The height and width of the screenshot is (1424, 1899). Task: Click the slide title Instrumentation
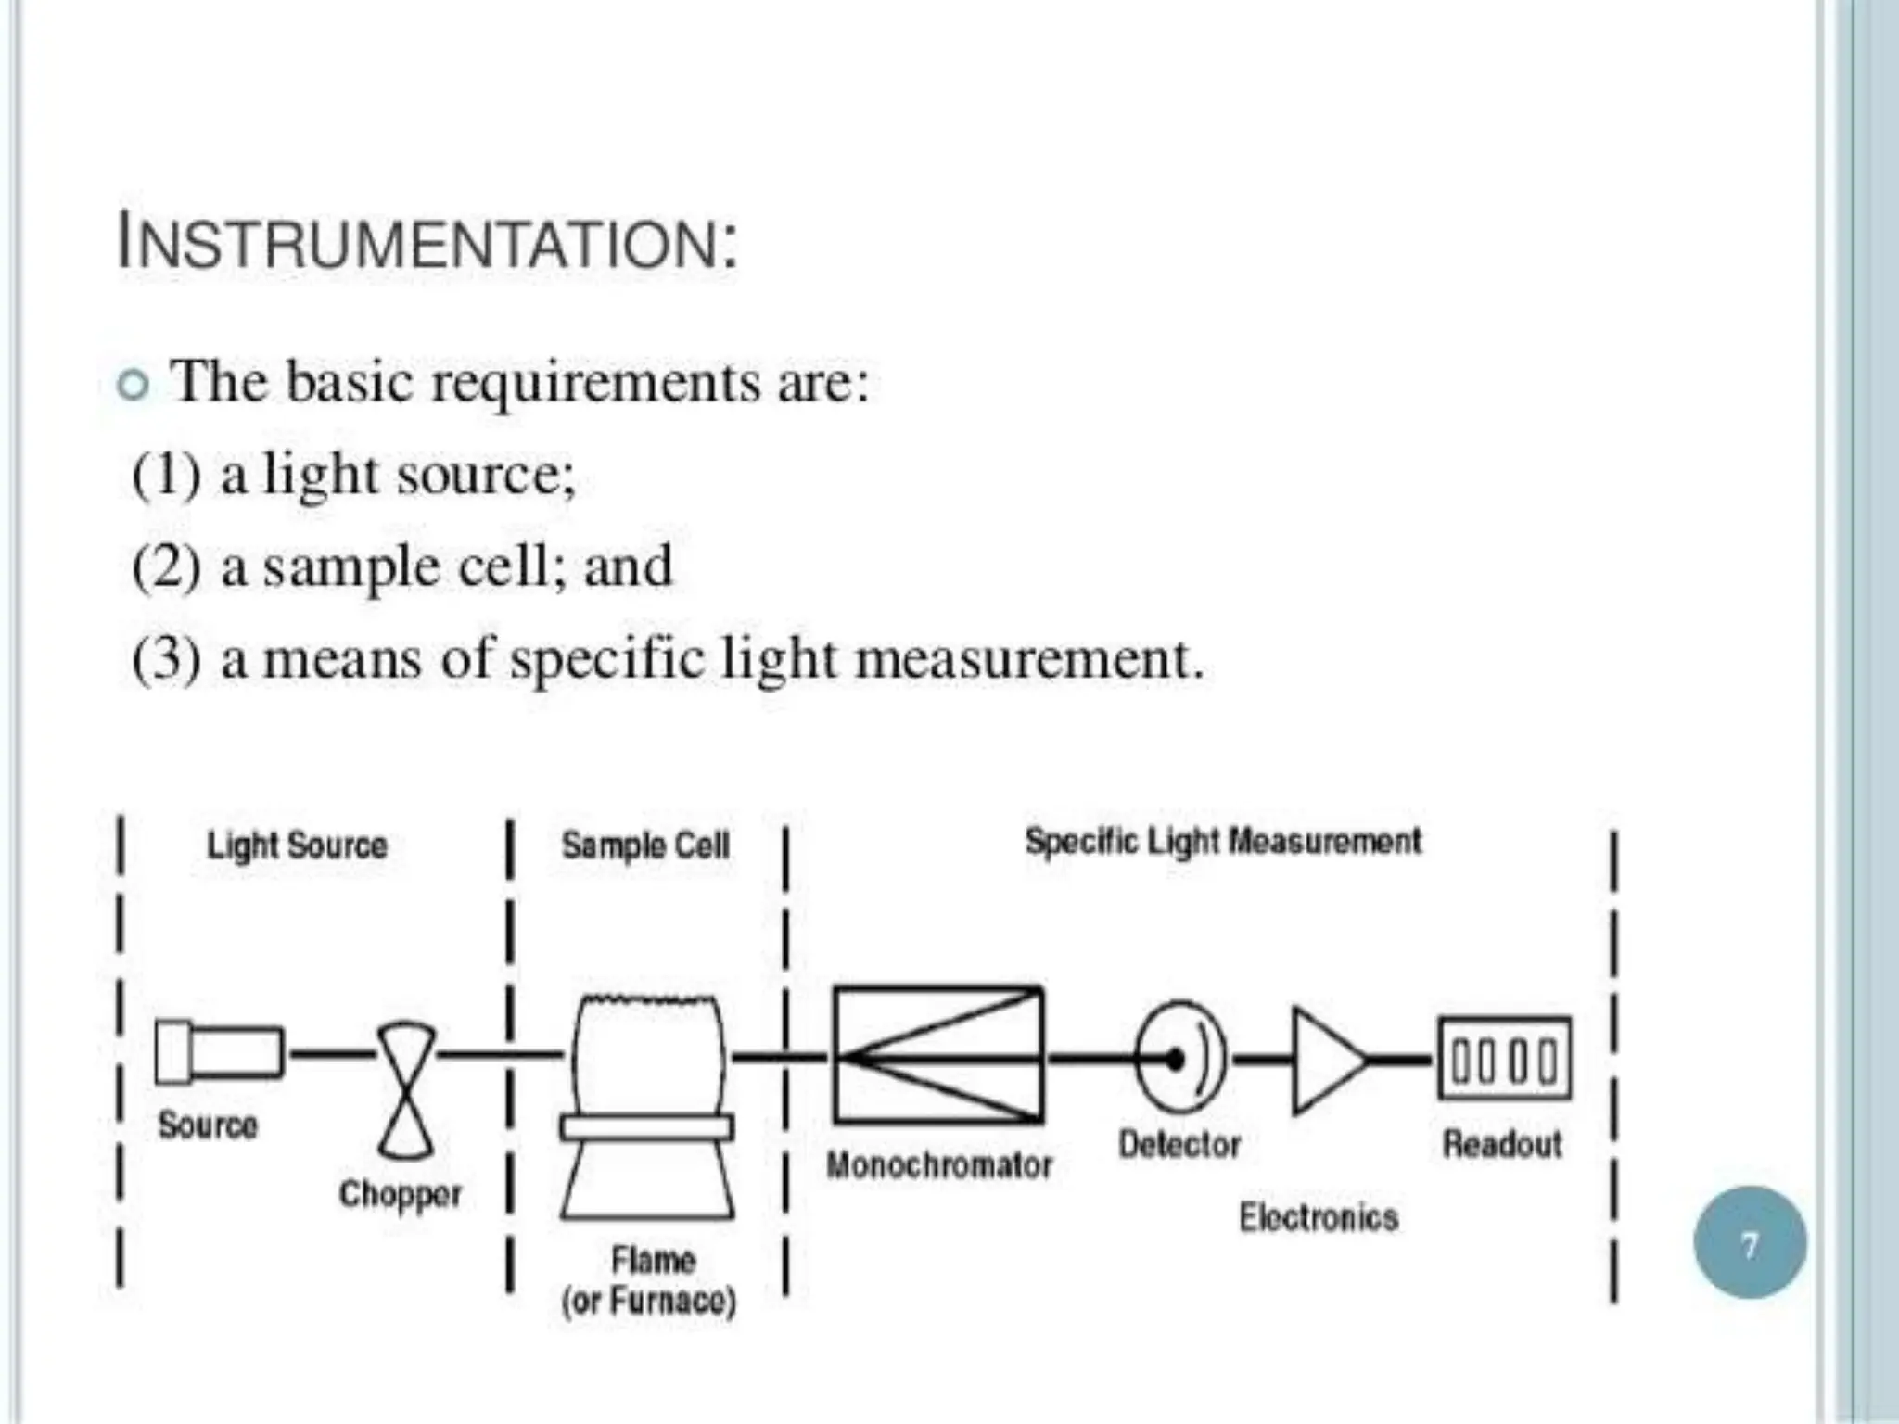click(x=427, y=243)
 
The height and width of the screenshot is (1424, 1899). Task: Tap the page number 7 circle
click(x=1749, y=1243)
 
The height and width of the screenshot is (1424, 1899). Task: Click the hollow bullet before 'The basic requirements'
click(x=134, y=385)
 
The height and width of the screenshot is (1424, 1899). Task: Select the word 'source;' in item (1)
click(x=486, y=475)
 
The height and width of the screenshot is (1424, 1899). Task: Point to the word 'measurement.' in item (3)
click(x=1029, y=660)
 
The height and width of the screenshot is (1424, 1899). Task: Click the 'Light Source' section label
click(x=297, y=845)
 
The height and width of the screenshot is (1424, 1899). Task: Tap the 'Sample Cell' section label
click(x=645, y=845)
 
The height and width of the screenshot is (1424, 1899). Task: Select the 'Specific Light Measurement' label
click(x=1223, y=842)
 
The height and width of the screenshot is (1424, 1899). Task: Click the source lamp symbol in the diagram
click(x=219, y=1052)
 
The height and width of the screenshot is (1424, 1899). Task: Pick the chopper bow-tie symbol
click(x=406, y=1090)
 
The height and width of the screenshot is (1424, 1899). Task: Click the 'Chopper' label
click(x=400, y=1194)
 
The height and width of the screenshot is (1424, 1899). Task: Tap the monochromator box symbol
click(x=938, y=1056)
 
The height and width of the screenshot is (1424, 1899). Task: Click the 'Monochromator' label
click(x=939, y=1165)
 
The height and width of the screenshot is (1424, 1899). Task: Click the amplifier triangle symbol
click(x=1324, y=1059)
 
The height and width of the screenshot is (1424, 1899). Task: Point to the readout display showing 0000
click(x=1504, y=1059)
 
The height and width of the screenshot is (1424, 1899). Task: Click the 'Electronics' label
click(x=1319, y=1217)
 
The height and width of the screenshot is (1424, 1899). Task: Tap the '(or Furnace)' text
click(x=649, y=1302)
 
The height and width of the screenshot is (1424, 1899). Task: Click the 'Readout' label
click(x=1502, y=1145)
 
